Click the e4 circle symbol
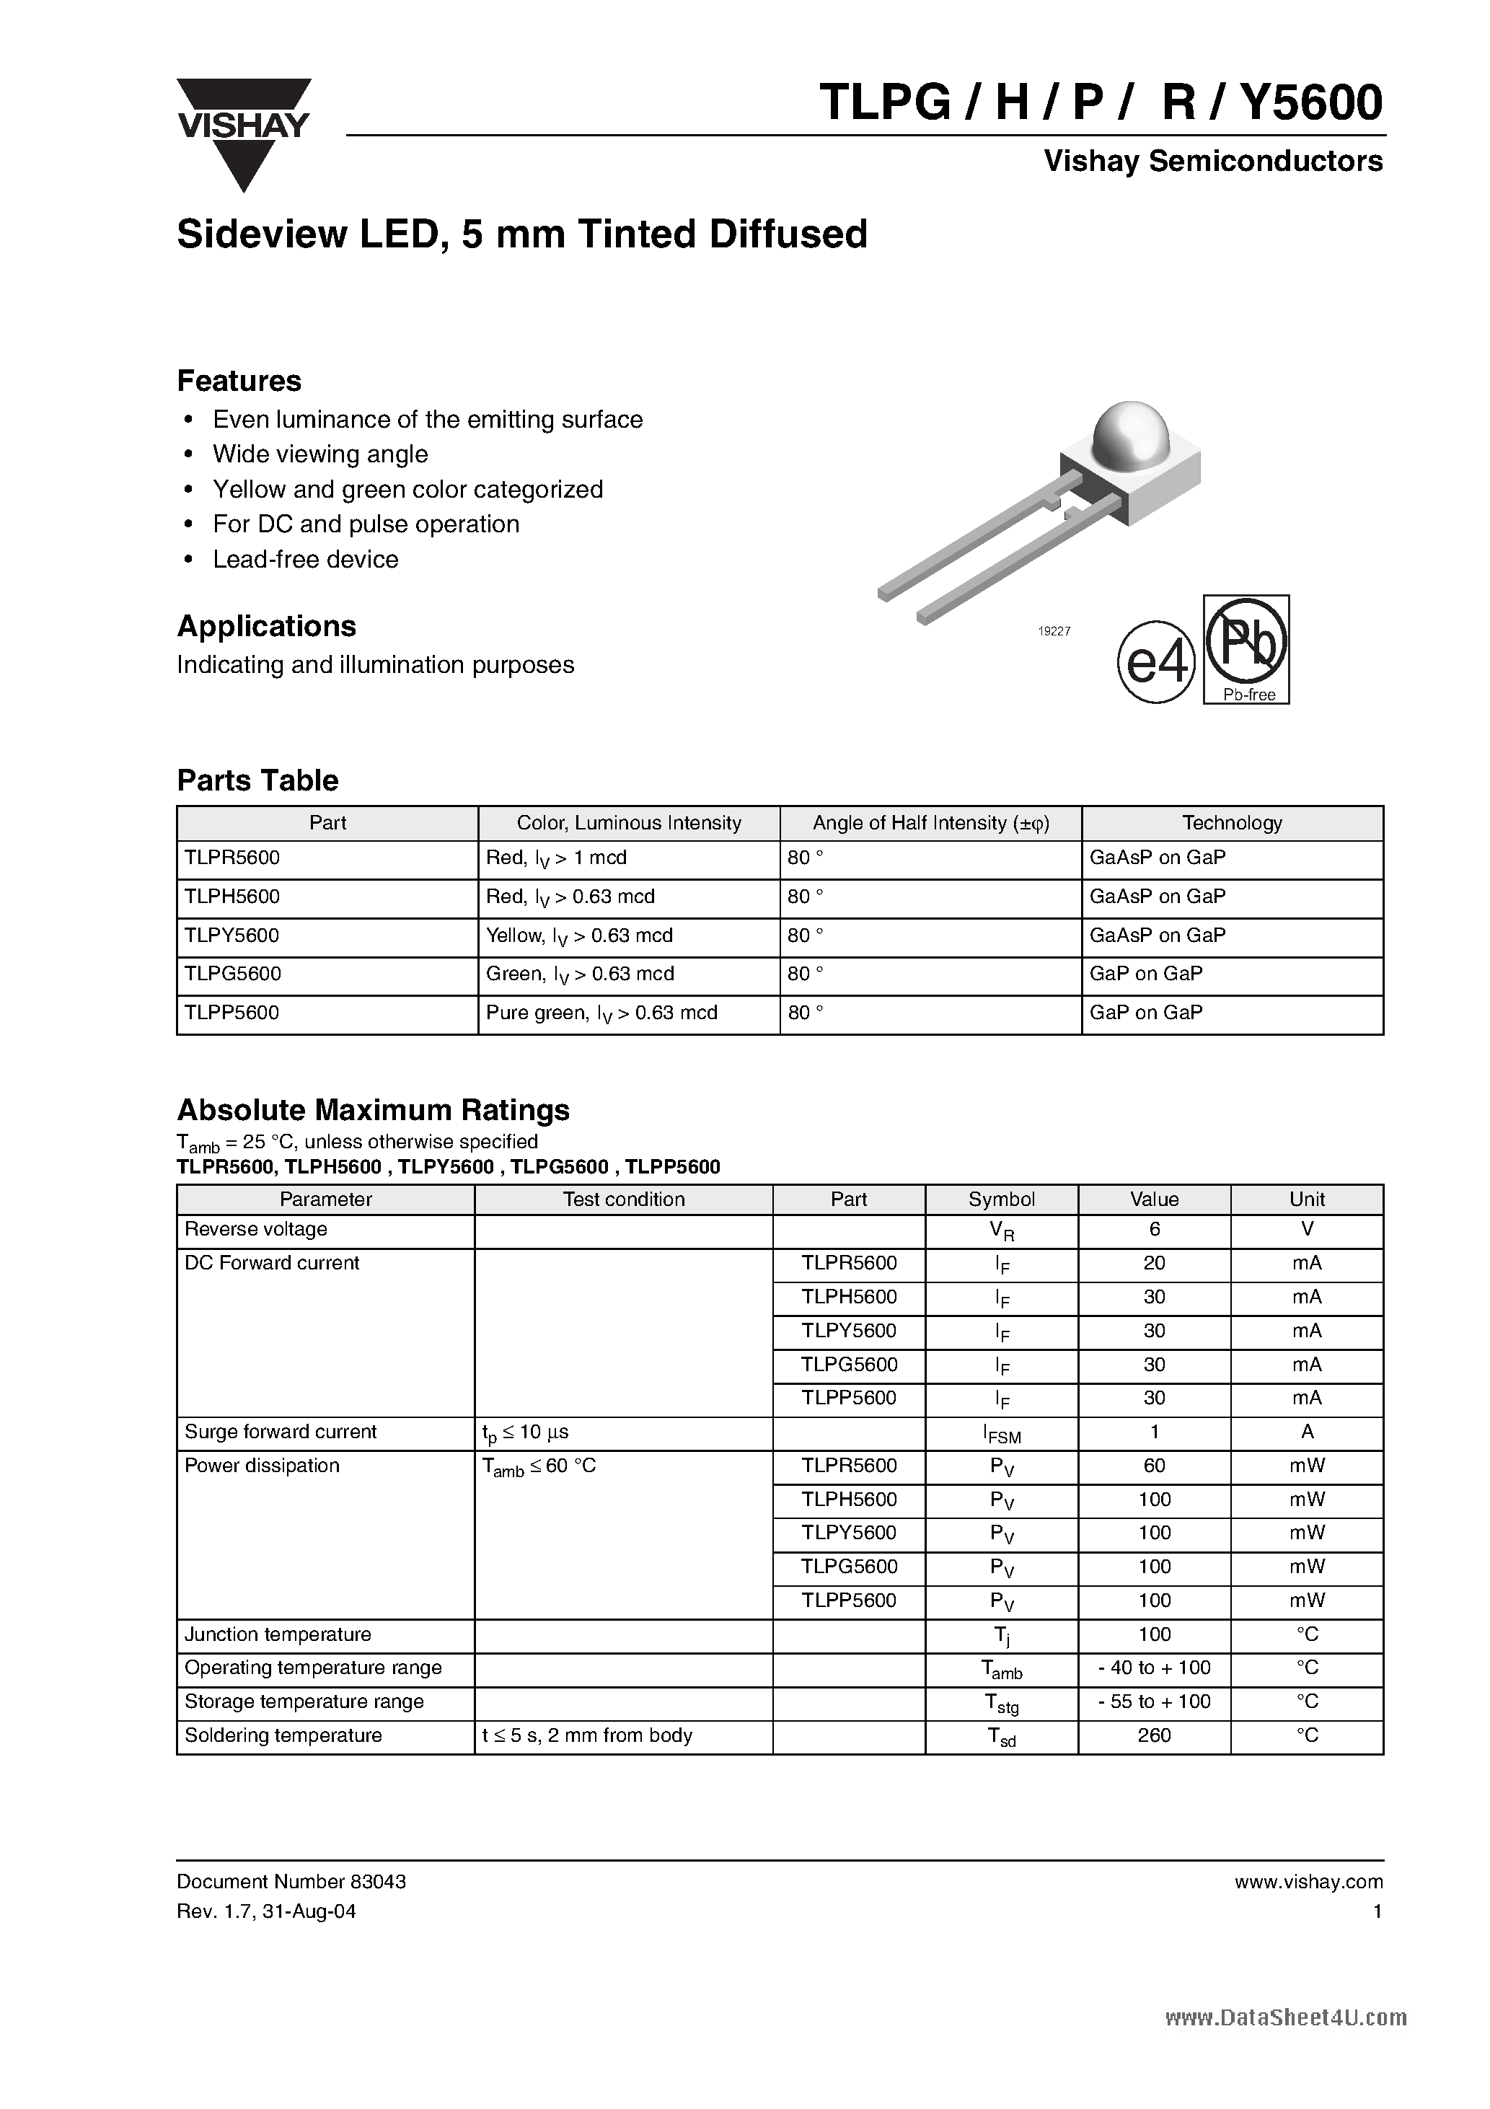1155,663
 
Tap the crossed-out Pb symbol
1246,643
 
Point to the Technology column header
1231,823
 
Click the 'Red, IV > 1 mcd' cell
556,858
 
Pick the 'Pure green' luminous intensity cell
601,1013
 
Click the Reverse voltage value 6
1154,1230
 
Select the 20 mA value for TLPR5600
1154,1263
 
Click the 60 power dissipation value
1154,1466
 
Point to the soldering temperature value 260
1154,1735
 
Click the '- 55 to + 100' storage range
1154,1701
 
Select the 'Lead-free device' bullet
305,560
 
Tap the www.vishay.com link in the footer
1308,1882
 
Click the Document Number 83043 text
291,1881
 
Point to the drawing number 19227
1054,632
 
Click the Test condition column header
623,1199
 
